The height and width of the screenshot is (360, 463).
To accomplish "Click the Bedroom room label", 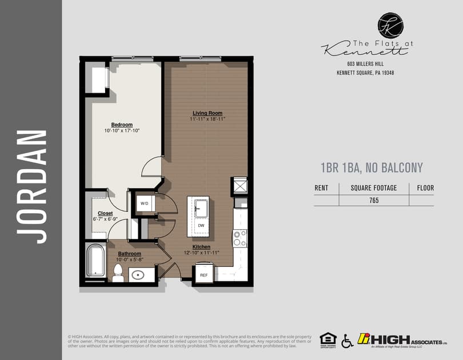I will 122,125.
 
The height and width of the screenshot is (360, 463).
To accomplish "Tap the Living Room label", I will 207,113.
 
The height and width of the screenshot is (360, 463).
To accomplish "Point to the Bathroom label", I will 130,253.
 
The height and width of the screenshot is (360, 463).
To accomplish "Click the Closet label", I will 105,213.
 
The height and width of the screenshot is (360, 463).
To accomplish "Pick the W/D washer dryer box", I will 143,203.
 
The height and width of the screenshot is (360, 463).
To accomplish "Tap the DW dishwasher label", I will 201,226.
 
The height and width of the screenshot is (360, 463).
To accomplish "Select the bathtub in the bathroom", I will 95,261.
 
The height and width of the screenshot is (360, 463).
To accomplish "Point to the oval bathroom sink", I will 139,275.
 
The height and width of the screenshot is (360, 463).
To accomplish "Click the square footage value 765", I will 374,200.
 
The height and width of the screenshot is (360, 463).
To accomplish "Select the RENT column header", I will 322,187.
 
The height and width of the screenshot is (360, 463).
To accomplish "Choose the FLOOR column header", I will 425,187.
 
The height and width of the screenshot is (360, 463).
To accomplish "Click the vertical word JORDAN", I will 31,186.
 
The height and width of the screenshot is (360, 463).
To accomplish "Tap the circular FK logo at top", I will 390,26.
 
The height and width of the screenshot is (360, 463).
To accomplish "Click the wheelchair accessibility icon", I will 347,341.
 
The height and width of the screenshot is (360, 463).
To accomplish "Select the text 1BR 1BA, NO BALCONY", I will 372,167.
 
